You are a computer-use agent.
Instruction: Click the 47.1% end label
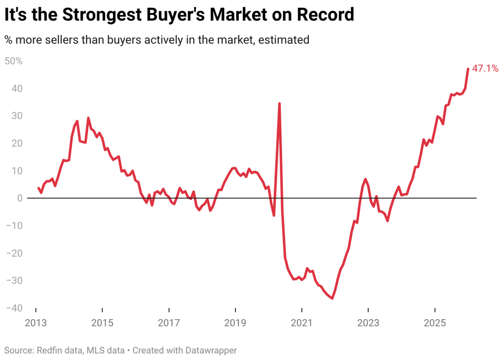(x=485, y=68)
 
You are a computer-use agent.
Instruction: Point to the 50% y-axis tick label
(x=13, y=61)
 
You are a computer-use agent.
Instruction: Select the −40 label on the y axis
(x=14, y=308)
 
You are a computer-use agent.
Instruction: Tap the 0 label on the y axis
(x=20, y=198)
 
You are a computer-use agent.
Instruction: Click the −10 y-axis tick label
(x=14, y=226)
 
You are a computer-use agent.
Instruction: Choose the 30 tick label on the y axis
(x=17, y=116)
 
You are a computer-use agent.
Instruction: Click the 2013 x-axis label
(x=36, y=323)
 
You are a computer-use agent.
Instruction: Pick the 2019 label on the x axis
(x=235, y=323)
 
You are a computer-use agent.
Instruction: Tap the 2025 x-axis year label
(x=435, y=323)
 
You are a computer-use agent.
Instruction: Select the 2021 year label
(x=301, y=323)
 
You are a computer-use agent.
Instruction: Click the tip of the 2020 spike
(x=280, y=103)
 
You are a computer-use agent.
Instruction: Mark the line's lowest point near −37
(x=332, y=298)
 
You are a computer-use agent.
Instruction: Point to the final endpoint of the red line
(x=468, y=68)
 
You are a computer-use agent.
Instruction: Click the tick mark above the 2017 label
(x=169, y=310)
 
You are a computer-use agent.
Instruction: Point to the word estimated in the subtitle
(x=283, y=40)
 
